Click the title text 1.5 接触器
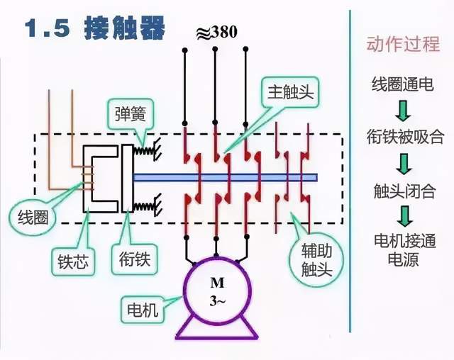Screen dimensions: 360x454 click(x=96, y=29)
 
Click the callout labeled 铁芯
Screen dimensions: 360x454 click(x=73, y=261)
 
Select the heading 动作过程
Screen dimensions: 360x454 click(x=403, y=45)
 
